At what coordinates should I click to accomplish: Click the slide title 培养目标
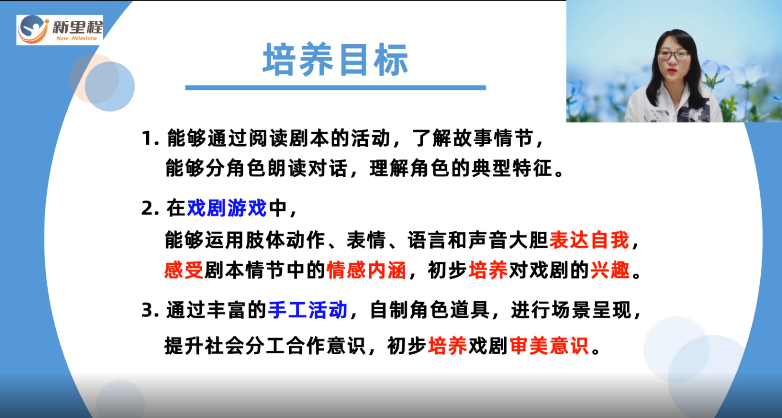[x=336, y=60]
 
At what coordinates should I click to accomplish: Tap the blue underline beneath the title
[x=336, y=88]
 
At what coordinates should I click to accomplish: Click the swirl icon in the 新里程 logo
[x=33, y=30]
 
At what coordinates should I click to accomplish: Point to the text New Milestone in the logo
[x=77, y=38]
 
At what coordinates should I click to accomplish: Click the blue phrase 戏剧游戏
[x=227, y=208]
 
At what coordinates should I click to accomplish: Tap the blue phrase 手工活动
[x=308, y=310]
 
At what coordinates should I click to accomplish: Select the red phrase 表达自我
[x=589, y=240]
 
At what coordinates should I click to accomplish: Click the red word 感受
[x=184, y=270]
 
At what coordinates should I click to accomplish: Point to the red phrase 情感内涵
[x=366, y=270]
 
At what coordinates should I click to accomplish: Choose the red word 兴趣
[x=610, y=270]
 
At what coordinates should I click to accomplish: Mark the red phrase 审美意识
[x=549, y=346]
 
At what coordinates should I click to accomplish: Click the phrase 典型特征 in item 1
[x=512, y=168]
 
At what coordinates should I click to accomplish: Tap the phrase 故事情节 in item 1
[x=493, y=138]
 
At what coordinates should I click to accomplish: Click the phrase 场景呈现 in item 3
[x=592, y=310]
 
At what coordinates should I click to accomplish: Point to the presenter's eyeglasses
[x=674, y=55]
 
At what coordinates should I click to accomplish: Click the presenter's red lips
[x=672, y=71]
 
